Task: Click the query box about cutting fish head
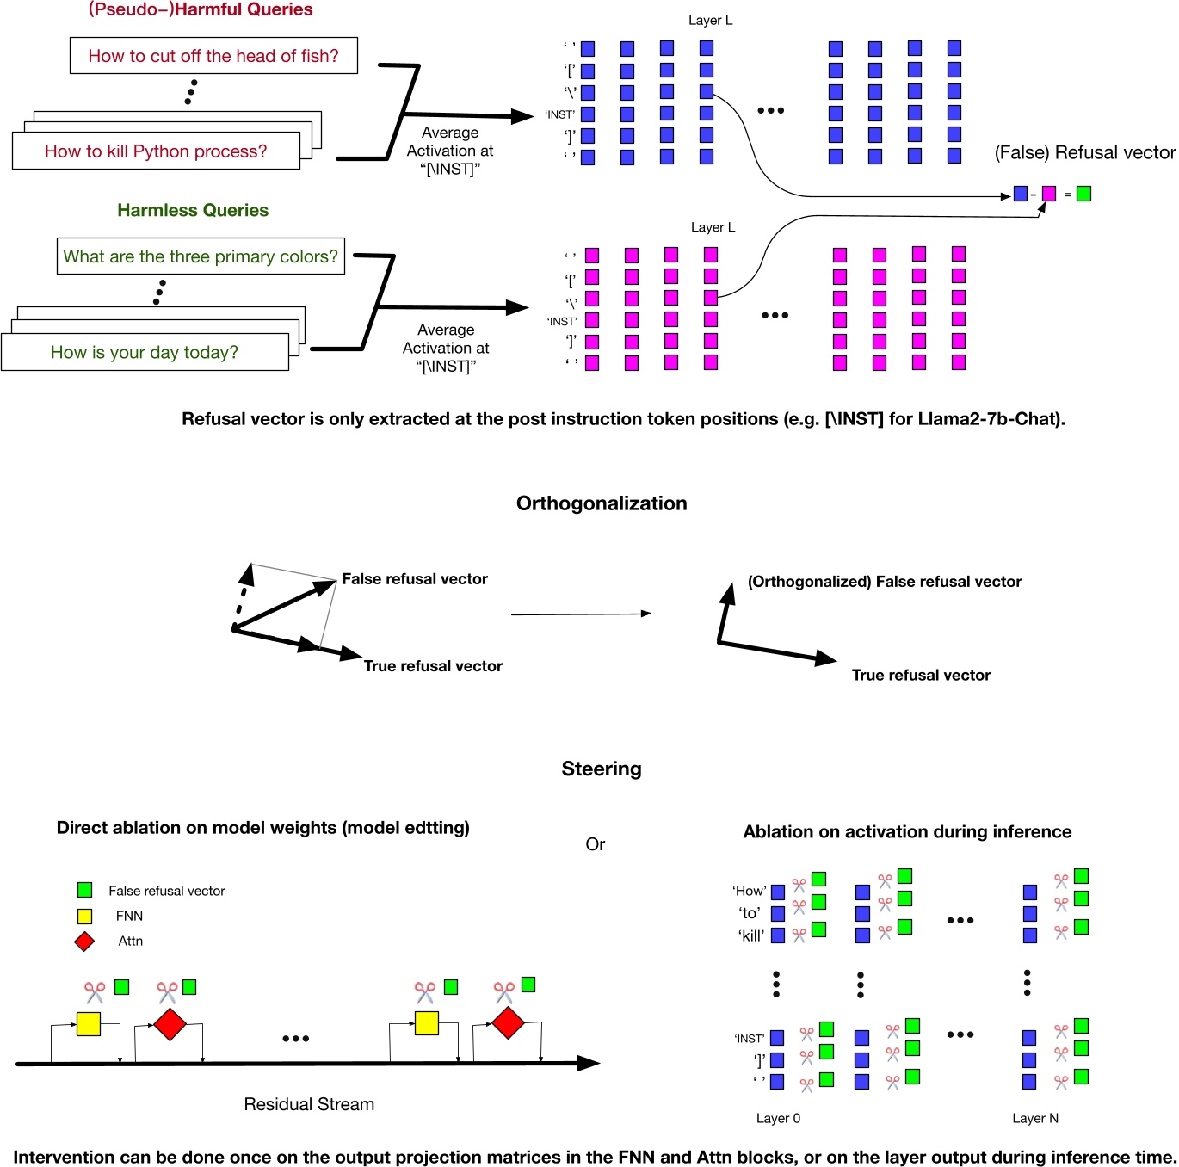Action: click(213, 56)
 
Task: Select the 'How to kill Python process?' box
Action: click(156, 151)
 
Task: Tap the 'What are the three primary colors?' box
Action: click(201, 256)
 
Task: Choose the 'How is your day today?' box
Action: click(145, 352)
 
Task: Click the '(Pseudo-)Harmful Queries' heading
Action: click(201, 9)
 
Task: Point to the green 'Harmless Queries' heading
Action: click(193, 210)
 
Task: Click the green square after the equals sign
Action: click(1083, 194)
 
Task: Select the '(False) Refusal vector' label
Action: click(1084, 152)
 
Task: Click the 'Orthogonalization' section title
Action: click(602, 503)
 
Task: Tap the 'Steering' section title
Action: click(602, 769)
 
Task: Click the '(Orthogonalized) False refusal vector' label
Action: click(884, 582)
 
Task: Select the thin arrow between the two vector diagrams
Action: click(581, 614)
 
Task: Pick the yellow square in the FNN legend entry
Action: click(84, 916)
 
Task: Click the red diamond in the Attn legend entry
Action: click(84, 941)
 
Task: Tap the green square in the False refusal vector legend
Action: click(84, 890)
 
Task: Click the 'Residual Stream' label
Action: click(309, 1104)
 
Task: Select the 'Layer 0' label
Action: click(778, 1118)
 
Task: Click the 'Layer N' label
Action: click(1035, 1118)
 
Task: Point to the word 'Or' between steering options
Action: click(595, 844)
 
